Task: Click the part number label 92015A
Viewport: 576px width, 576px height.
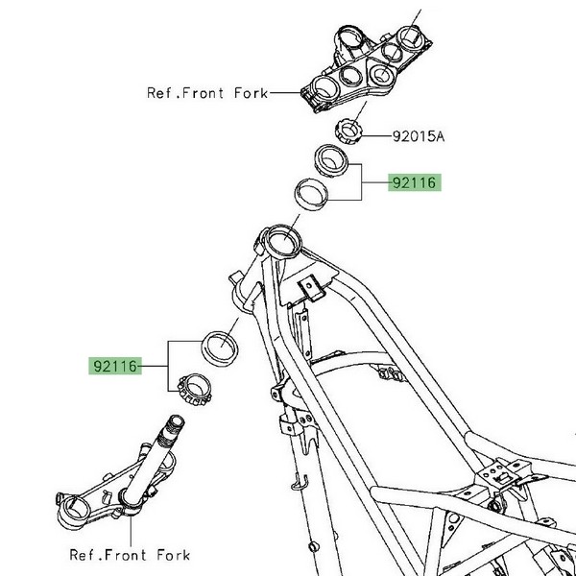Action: [418, 137]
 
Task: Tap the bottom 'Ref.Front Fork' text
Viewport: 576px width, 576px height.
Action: [130, 554]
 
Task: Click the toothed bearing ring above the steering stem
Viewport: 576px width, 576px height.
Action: [198, 390]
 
